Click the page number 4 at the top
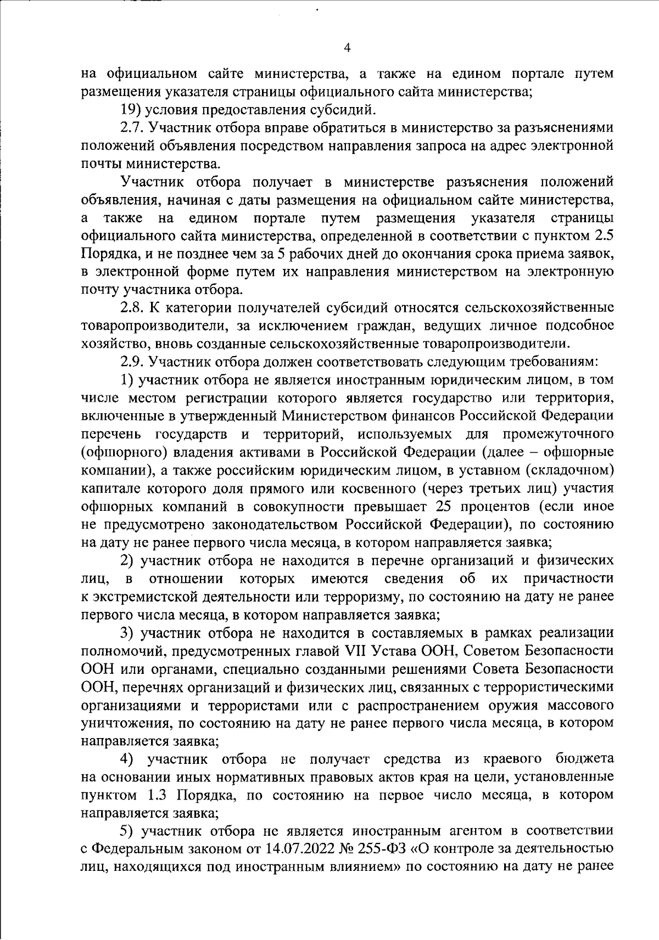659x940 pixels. (347, 48)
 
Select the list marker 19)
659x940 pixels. (131, 110)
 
